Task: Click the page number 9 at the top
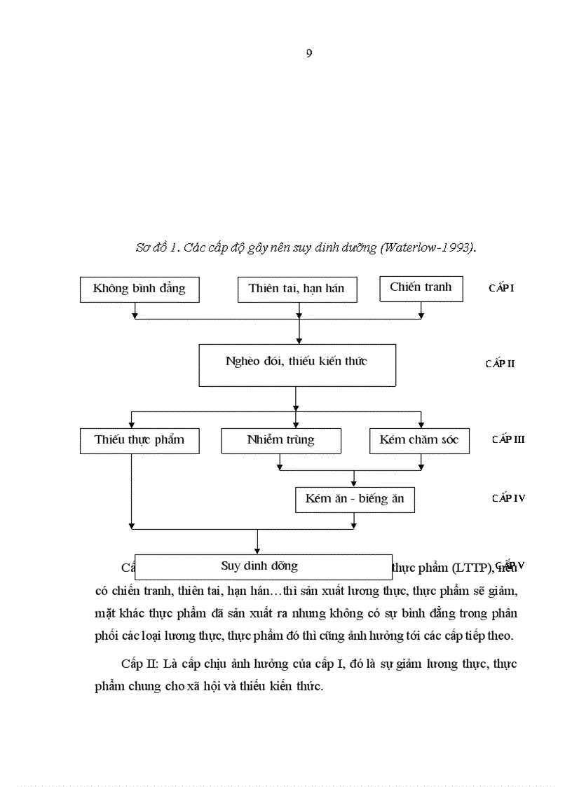point(309,54)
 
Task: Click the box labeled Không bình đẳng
point(139,289)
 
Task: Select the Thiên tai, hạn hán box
point(297,289)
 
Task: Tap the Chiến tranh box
point(421,287)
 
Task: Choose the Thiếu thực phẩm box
point(139,440)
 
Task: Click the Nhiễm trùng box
point(281,440)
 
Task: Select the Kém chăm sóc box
point(419,440)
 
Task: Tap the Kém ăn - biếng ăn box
point(355,500)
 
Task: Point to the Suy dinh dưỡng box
point(263,566)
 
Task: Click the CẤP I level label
point(501,288)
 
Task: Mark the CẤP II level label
point(500,364)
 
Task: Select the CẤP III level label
point(508,439)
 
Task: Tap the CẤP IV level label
point(508,498)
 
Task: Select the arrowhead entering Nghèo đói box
point(299,340)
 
